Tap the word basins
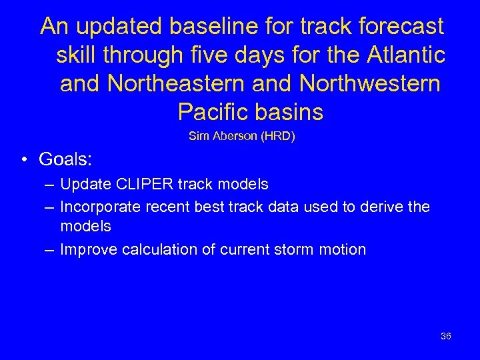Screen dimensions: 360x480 tap(291, 111)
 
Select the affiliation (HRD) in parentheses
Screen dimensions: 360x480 tap(278, 137)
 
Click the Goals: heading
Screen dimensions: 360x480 tap(65, 160)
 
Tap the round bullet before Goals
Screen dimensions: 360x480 tap(23, 161)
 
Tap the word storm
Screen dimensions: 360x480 tap(294, 250)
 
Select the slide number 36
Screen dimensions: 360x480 tap(446, 336)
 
